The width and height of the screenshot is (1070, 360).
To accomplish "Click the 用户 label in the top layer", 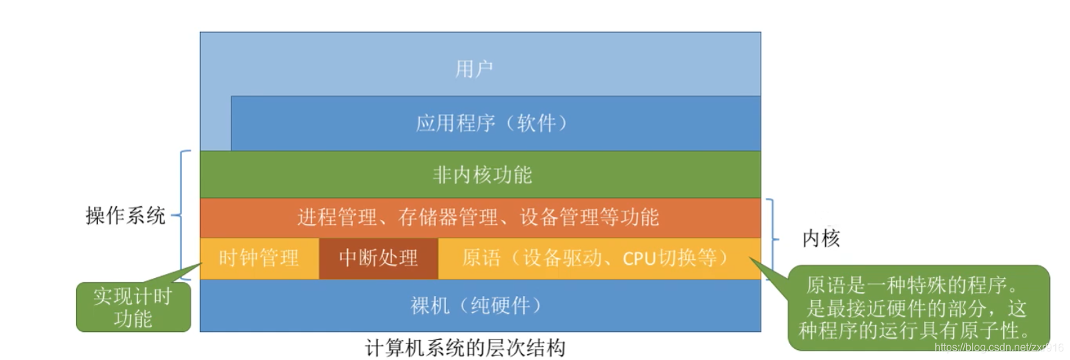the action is (474, 69).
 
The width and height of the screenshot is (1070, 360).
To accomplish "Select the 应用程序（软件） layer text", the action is (492, 123).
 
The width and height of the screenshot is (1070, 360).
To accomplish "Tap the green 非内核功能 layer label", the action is (482, 175).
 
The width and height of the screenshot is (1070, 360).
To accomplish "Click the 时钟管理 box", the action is (259, 258).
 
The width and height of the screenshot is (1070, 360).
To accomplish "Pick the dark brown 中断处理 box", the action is (378, 258).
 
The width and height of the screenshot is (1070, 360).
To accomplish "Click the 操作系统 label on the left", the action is (125, 215).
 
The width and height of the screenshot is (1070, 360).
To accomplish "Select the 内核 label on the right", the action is (821, 238).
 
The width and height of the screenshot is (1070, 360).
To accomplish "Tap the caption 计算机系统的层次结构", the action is (465, 348).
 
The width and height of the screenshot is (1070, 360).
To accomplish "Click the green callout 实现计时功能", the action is (133, 307).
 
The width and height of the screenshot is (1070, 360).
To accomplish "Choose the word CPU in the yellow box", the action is (639, 258).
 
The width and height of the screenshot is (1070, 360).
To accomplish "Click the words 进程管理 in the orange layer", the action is (337, 217).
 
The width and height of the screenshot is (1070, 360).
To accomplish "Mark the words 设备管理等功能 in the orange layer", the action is (589, 217).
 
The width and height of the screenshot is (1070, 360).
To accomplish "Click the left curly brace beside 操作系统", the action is (181, 215).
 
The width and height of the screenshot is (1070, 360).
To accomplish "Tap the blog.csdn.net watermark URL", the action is (998, 347).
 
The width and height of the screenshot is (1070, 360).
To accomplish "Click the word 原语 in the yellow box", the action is (481, 258).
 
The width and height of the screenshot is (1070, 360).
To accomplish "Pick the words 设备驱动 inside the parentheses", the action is (562, 258).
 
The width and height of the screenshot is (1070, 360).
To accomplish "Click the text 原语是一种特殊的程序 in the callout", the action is (911, 286).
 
